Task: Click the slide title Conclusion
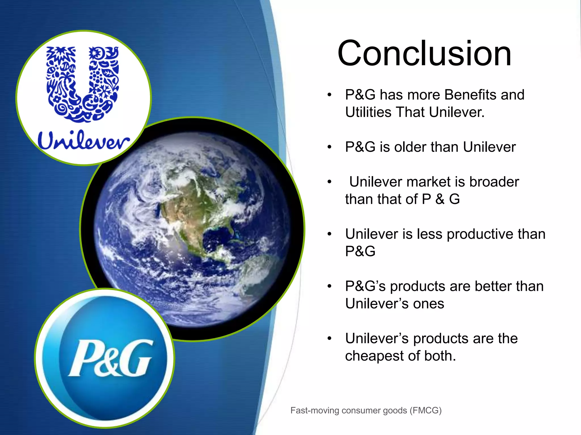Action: point(424,53)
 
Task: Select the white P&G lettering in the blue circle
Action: point(110,359)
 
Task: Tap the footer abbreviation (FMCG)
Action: point(426,410)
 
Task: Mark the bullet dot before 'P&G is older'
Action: point(329,147)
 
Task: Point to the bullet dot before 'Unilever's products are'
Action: point(329,338)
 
